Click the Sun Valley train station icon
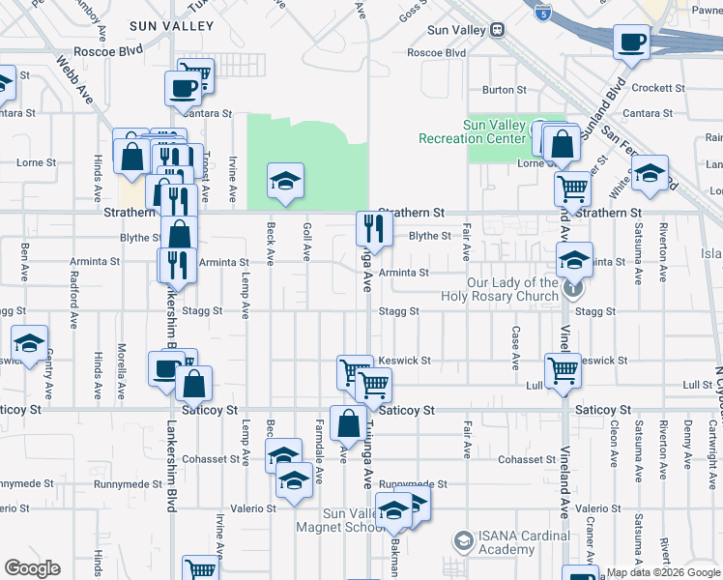tap(498, 30)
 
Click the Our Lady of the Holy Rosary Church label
tap(513, 289)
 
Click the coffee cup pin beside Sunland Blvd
tap(631, 43)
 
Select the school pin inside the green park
tap(284, 181)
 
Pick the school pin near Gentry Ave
tap(30, 344)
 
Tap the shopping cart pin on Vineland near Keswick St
tap(563, 369)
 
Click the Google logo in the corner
tap(31, 568)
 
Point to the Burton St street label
tap(504, 90)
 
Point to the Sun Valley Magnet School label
tap(348, 520)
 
